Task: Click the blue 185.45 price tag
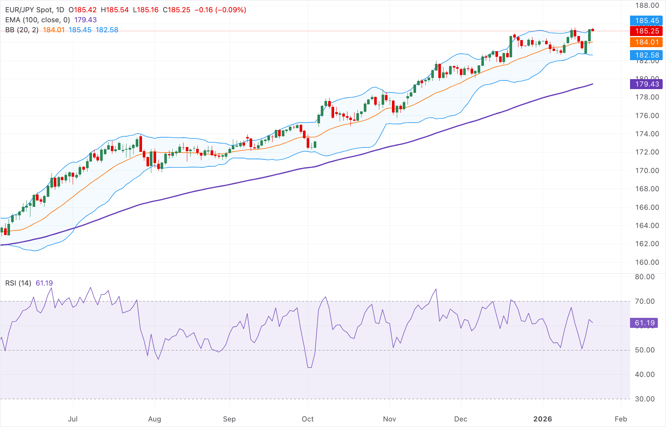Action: coord(647,20)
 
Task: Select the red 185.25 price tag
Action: coord(647,31)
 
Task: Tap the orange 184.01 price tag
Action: coord(647,42)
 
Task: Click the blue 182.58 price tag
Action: coord(647,55)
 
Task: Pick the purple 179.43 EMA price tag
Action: coord(647,84)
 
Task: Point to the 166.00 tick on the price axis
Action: coord(647,207)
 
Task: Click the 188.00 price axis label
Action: coord(647,6)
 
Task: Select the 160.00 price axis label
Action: coord(647,262)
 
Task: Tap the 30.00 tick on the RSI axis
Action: coord(644,399)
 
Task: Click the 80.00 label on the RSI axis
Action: coord(644,277)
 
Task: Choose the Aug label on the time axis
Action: coord(154,419)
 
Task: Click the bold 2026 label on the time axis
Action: coord(542,419)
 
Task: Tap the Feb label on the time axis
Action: coord(620,419)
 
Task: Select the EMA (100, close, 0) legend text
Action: coord(37,20)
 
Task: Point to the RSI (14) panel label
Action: coord(18,283)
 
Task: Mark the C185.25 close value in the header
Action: coord(177,10)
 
